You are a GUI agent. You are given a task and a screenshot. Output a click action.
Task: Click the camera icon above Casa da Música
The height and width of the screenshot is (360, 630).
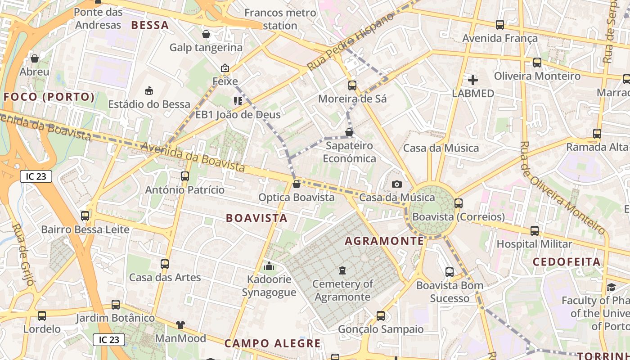pyautogui.click(x=396, y=184)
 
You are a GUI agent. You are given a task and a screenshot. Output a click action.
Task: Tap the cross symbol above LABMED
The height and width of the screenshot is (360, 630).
pyautogui.click(x=473, y=80)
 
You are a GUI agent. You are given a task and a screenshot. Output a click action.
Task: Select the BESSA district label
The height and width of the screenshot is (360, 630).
pyautogui.click(x=150, y=25)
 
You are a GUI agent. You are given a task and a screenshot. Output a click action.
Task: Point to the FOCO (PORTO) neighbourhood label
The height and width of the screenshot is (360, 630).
pyautogui.click(x=49, y=97)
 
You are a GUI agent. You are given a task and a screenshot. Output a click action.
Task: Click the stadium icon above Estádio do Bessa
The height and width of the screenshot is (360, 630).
pyautogui.click(x=149, y=91)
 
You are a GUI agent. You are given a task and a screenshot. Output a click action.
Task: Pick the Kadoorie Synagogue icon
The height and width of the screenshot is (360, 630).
pyautogui.click(x=269, y=266)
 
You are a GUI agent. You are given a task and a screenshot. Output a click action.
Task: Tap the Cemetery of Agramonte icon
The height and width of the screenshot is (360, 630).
pyautogui.click(x=342, y=270)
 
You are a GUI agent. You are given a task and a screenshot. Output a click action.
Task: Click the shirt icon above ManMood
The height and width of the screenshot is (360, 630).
pyautogui.click(x=180, y=324)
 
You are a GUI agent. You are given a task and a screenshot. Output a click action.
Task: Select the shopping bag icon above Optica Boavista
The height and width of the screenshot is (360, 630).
pyautogui.click(x=296, y=184)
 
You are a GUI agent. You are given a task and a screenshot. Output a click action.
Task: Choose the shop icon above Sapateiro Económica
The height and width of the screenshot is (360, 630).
pyautogui.click(x=349, y=132)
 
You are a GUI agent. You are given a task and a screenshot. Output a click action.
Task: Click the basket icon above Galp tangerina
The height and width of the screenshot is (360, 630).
pyautogui.click(x=206, y=34)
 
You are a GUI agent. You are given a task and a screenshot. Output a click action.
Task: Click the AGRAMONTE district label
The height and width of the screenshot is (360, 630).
pyautogui.click(x=384, y=241)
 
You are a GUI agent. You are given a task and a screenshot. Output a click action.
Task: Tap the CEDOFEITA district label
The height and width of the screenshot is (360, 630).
pyautogui.click(x=567, y=261)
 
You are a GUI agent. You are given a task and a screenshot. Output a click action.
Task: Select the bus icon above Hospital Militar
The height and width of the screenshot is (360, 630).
pyautogui.click(x=535, y=231)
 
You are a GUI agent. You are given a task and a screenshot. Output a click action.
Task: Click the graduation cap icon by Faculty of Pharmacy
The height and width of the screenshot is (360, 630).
pyautogui.click(x=611, y=287)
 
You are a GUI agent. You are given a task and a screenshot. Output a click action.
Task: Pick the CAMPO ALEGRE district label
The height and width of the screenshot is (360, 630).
pyautogui.click(x=273, y=343)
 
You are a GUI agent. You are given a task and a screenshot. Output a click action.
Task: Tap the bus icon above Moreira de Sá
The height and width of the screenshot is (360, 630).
pyautogui.click(x=352, y=85)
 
